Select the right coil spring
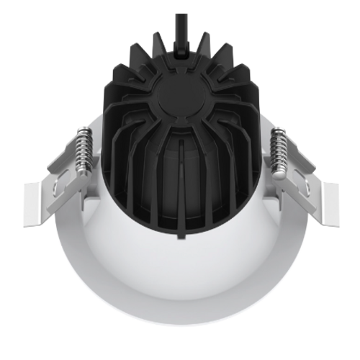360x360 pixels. pyautogui.click(x=277, y=150)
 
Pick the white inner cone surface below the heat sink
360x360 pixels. pyautogui.click(x=180, y=266)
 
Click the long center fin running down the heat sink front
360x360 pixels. pyautogui.click(x=181, y=187)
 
